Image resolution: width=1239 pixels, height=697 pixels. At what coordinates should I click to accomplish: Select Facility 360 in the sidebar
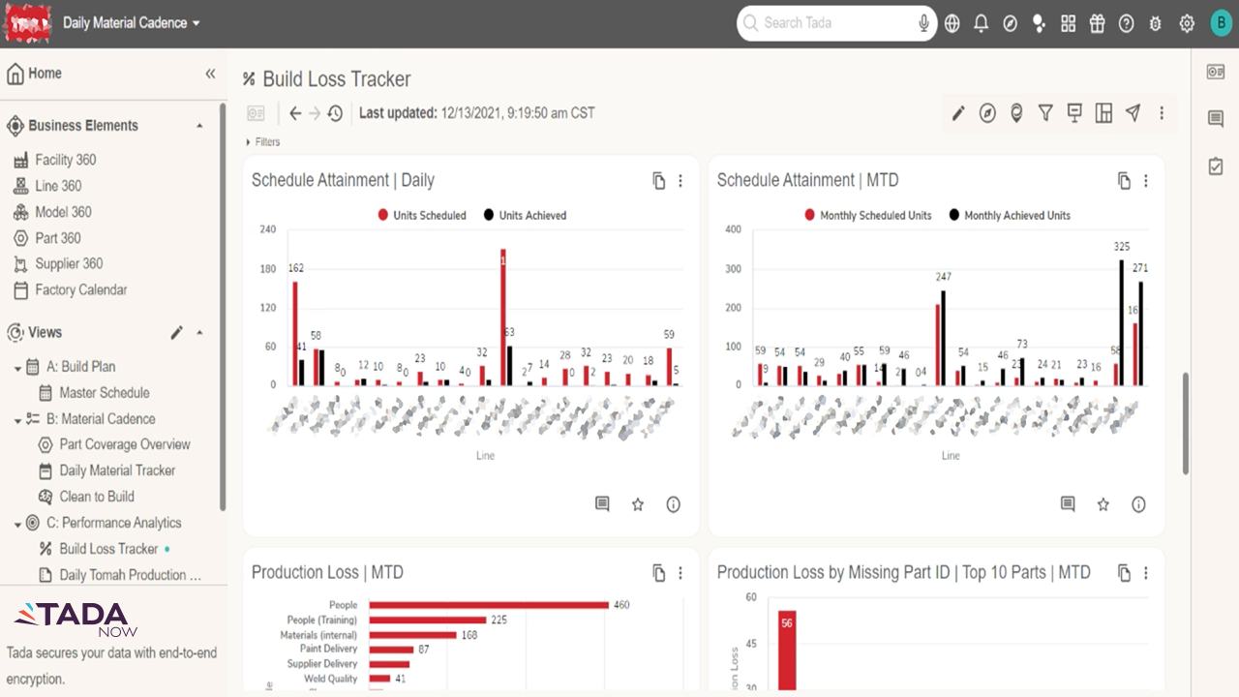coord(65,160)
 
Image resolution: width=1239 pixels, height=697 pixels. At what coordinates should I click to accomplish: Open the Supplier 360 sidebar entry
coord(69,263)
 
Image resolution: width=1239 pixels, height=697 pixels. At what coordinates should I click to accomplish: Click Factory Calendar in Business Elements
coord(80,289)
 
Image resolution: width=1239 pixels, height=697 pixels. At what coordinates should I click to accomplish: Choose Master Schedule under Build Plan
coord(104,393)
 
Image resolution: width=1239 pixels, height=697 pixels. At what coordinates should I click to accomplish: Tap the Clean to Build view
coord(96,497)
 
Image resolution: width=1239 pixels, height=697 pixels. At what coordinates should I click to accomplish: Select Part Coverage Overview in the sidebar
coord(124,444)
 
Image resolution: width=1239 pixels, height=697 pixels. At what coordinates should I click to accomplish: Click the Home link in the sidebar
coord(45,74)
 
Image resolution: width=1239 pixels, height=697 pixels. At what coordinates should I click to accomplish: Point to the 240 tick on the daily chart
coord(267,229)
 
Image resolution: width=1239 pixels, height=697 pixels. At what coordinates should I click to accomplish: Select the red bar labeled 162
coord(295,333)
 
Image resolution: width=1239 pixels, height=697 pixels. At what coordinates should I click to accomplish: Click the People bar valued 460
coord(489,605)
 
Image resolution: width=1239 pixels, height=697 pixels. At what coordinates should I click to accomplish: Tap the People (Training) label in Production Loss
coord(321,620)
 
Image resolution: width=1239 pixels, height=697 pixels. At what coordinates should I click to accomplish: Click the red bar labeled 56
coord(786,649)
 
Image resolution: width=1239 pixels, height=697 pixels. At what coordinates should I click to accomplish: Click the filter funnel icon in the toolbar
coord(1045,113)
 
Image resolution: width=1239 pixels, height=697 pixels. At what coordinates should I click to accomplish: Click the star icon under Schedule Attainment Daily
coord(638,504)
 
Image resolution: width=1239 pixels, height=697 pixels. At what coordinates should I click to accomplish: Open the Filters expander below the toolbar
coord(262,142)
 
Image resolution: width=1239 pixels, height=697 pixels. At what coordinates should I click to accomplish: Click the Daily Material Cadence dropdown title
coord(132,23)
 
